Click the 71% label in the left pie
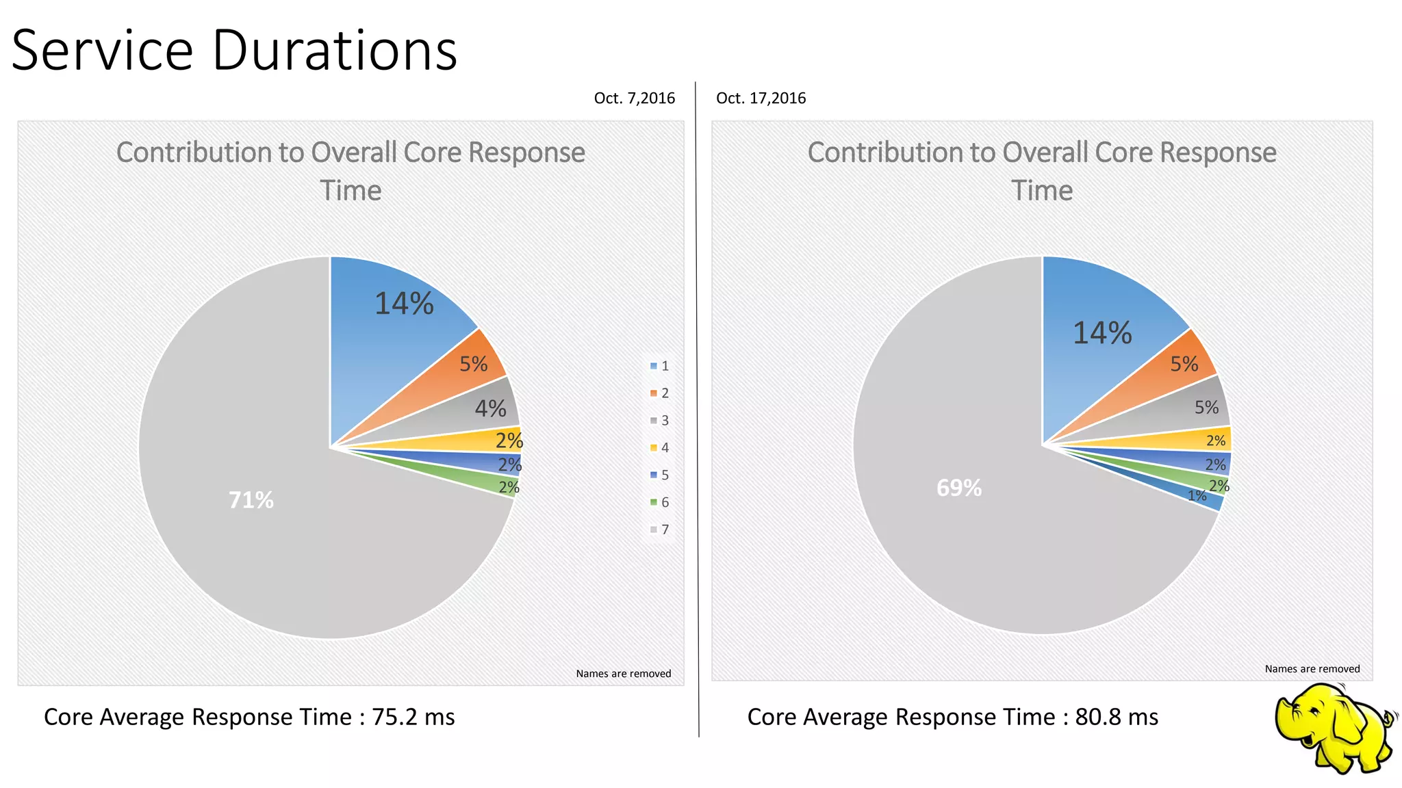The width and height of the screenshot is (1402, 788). pos(251,500)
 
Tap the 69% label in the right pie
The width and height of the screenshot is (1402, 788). pos(959,488)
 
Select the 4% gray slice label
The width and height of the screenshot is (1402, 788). pos(490,408)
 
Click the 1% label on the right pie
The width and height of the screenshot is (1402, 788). pos(1197,496)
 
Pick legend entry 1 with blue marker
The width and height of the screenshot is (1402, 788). pos(659,366)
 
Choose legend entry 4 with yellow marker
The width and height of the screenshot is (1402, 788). pos(659,448)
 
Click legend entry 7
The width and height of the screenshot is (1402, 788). pos(659,529)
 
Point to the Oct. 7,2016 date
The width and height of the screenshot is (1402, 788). pos(634,98)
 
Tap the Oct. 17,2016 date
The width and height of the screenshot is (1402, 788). pos(761,98)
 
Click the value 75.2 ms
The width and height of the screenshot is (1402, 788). pos(413,717)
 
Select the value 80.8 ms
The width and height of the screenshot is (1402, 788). pos(1117,717)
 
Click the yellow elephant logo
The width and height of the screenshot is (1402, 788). pos(1334,729)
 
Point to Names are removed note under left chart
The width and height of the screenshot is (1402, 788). pos(623,674)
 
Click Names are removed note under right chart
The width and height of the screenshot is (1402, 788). pos(1312,669)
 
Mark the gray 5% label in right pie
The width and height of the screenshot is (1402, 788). pos(1206,408)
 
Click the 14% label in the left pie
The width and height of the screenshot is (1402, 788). pos(404,304)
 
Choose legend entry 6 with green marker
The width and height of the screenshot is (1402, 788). pos(659,502)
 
